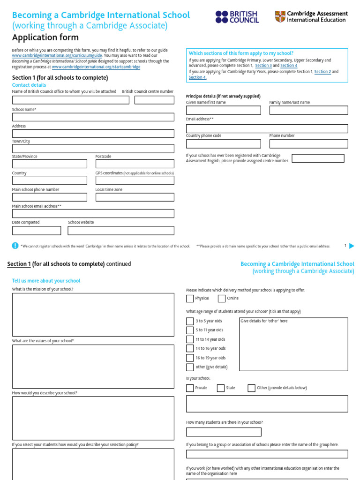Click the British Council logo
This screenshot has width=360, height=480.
point(237,17)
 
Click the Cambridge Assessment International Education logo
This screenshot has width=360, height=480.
point(311,17)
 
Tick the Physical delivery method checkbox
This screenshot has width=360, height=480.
point(190,299)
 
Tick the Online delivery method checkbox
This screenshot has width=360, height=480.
point(222,299)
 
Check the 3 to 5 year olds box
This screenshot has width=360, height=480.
point(190,322)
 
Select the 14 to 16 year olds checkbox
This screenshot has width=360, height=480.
point(190,349)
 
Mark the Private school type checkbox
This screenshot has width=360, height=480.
point(190,388)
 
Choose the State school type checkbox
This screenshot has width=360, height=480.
point(221,388)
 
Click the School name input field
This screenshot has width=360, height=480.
point(93,117)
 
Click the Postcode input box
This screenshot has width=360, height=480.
point(135,164)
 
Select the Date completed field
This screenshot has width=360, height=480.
point(37,231)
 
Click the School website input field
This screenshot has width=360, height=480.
point(121,231)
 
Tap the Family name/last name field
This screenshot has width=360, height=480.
point(308,110)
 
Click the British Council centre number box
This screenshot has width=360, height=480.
point(154,100)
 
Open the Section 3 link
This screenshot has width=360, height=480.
point(263,66)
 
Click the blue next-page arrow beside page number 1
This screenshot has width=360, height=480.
point(352,246)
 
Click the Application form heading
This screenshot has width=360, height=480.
point(45,37)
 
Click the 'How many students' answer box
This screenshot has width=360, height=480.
point(224,432)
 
